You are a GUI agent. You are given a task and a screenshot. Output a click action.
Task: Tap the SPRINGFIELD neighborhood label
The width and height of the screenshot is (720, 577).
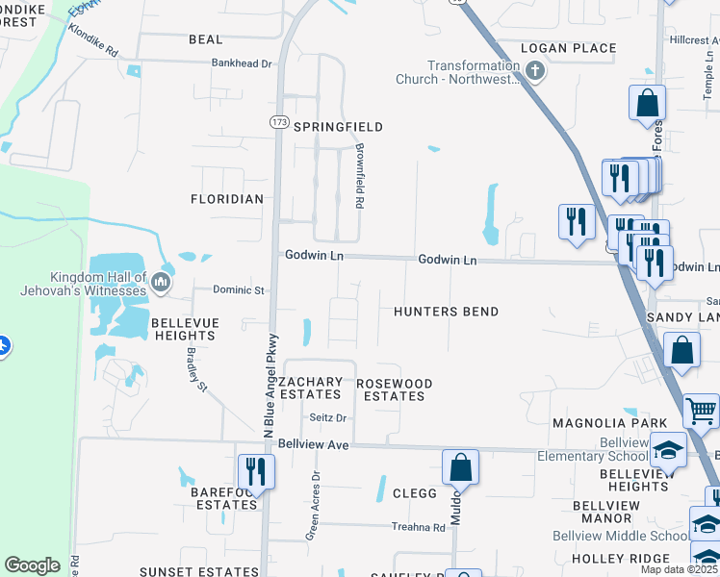tap(338, 127)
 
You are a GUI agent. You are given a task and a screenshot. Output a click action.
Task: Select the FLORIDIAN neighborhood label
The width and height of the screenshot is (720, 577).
tap(227, 199)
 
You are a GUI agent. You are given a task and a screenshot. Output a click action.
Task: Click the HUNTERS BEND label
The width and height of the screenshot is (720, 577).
tap(446, 312)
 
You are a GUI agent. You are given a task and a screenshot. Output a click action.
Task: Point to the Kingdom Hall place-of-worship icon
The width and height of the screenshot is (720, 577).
tap(160, 282)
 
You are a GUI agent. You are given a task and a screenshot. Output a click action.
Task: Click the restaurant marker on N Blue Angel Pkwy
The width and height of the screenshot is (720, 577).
tap(255, 471)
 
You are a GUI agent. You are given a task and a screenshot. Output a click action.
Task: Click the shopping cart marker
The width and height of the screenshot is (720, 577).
tap(701, 412)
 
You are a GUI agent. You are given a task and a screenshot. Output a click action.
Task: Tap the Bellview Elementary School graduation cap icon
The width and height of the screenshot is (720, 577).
tap(668, 449)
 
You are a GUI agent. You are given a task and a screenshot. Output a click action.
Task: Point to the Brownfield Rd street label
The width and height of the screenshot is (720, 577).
tap(358, 177)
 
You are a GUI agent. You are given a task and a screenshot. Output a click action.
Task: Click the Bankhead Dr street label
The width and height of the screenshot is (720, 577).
tap(243, 63)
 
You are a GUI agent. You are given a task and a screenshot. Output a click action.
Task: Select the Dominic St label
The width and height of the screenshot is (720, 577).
tap(238, 289)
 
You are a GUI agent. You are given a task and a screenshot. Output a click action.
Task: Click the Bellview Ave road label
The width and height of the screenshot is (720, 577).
tap(312, 445)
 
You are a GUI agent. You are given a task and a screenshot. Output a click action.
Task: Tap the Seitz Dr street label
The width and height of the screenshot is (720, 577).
tap(327, 417)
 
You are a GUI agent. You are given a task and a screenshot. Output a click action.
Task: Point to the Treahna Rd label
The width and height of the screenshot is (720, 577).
tap(418, 527)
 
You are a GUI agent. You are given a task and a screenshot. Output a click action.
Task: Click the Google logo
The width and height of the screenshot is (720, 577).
tap(32, 565)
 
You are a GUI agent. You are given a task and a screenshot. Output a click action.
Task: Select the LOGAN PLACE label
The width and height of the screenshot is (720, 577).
tap(568, 48)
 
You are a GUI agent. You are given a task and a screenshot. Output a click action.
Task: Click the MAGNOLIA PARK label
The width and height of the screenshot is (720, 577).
tap(609, 423)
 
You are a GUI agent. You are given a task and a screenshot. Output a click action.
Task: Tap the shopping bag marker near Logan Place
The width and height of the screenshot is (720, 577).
tap(648, 102)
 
